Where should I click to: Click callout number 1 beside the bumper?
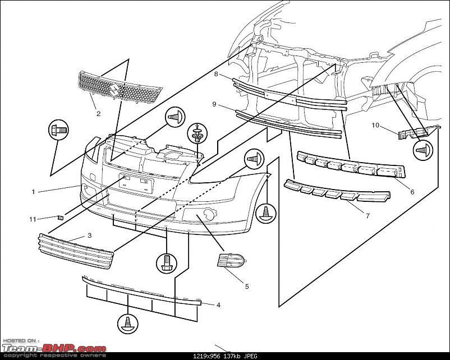pyautogui.click(x=33, y=192)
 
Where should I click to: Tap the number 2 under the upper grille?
pyautogui.click(x=98, y=114)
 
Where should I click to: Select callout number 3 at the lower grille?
pyautogui.click(x=89, y=236)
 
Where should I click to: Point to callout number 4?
pyautogui.click(x=218, y=305)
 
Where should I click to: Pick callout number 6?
pyautogui.click(x=412, y=192)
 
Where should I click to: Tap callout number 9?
pyautogui.click(x=214, y=105)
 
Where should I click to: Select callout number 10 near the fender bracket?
pyautogui.click(x=375, y=125)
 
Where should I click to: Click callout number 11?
pyautogui.click(x=33, y=218)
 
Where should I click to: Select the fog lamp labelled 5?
pyautogui.click(x=231, y=261)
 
